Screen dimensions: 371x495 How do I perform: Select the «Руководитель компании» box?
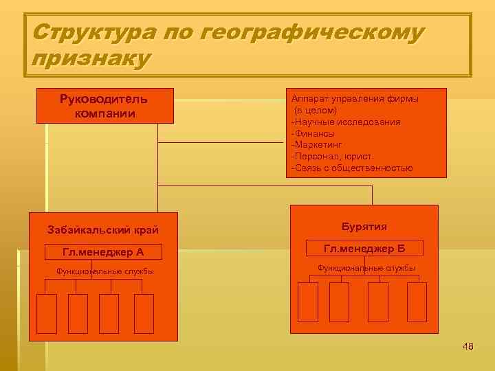point(104,106)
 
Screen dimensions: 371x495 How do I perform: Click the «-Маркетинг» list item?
point(317,145)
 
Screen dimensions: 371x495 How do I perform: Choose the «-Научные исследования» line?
point(346,122)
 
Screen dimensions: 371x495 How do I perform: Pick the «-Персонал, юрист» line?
point(331,157)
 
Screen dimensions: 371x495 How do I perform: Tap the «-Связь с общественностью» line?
point(352,168)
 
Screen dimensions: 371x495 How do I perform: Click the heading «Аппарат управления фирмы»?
point(355,98)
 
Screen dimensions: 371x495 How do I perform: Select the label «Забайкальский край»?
point(103,230)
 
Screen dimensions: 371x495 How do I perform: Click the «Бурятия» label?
point(364,227)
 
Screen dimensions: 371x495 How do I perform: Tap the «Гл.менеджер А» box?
point(103,252)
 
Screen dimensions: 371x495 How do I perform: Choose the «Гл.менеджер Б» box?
point(364,248)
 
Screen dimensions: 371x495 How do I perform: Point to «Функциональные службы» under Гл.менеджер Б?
point(366,268)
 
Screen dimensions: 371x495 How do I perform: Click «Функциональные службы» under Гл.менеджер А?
point(104,271)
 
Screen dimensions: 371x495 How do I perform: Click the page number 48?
point(468,346)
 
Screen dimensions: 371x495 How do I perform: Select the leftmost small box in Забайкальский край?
point(46,313)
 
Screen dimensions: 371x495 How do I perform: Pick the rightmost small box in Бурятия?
point(417,302)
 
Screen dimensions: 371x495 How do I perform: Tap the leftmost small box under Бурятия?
point(308,302)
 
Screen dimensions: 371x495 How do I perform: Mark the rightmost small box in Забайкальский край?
point(144,313)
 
